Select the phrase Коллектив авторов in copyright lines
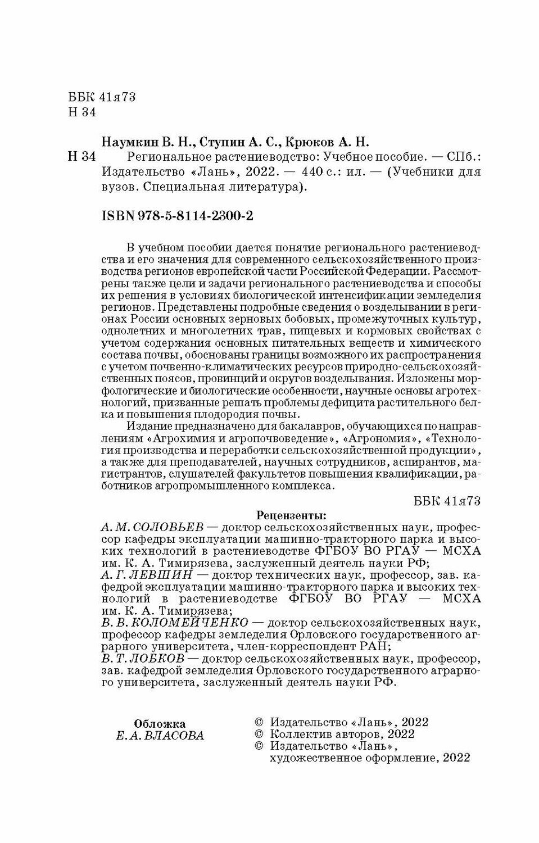[324, 734]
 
